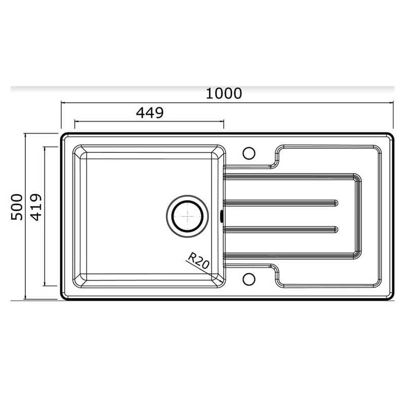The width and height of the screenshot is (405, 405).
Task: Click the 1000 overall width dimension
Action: tap(224, 93)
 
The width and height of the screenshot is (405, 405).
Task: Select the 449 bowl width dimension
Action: tap(150, 112)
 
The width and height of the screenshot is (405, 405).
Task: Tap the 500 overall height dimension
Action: tap(17, 207)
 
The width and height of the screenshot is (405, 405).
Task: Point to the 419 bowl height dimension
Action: tap(36, 207)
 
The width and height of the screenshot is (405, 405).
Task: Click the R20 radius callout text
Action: tap(198, 261)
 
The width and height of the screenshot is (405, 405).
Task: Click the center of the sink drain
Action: tap(187, 216)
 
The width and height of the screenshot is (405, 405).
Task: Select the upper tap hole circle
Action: tap(249, 153)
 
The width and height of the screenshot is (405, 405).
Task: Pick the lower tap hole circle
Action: tap(249, 279)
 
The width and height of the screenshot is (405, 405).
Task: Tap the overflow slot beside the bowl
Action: tap(222, 216)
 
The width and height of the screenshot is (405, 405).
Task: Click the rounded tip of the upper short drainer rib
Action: tap(336, 203)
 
